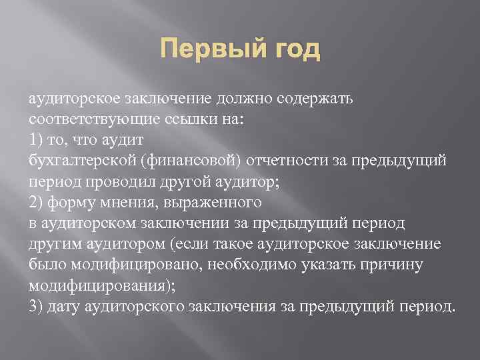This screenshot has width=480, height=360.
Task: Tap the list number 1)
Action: (37, 140)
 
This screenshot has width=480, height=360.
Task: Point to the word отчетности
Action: (281, 161)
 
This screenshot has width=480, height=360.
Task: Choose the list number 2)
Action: (37, 201)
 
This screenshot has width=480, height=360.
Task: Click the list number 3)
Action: (37, 306)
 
